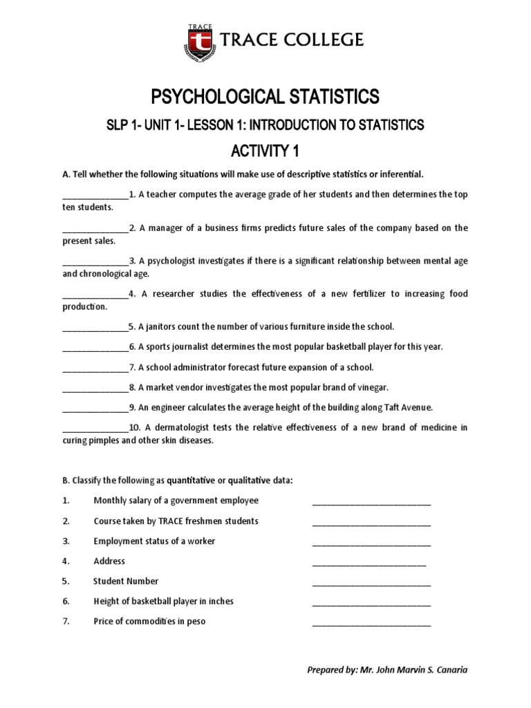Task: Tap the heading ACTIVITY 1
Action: (265, 150)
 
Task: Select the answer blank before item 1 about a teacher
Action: (95, 195)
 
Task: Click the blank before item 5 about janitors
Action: (95, 326)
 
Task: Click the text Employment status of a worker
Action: (154, 541)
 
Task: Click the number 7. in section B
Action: (66, 622)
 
